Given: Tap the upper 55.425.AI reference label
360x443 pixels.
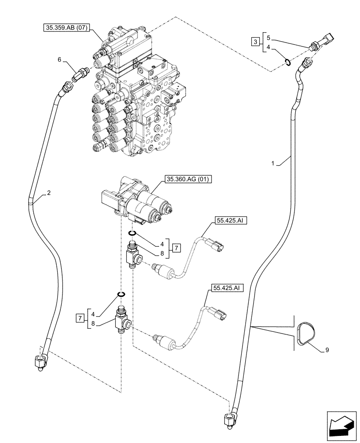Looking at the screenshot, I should (230, 220).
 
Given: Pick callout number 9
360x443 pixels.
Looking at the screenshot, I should (327, 350).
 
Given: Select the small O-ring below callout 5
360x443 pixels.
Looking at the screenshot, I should (287, 62).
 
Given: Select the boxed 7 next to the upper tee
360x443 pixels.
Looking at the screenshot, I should (176, 248).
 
